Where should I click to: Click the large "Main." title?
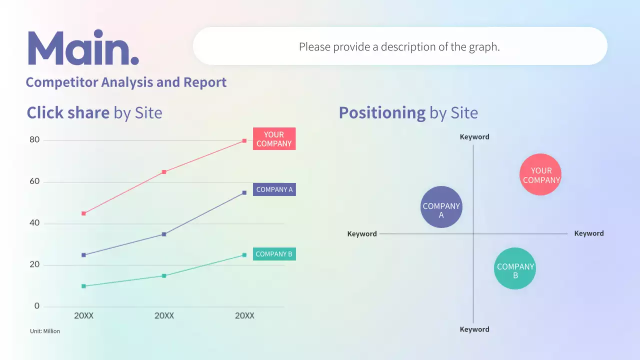[x=83, y=48]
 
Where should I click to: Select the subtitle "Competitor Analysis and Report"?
[x=126, y=82]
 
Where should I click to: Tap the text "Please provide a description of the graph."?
[x=399, y=46]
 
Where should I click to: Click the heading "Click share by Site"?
[x=94, y=112]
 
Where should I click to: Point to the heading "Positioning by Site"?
[x=408, y=112]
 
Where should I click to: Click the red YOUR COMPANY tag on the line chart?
[x=274, y=139]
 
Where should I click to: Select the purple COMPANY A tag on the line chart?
[x=274, y=189]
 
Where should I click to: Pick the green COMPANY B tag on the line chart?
[x=274, y=254]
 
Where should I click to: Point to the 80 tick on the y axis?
[x=34, y=140]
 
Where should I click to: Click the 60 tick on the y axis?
[x=34, y=181]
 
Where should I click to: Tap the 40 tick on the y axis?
[x=34, y=223]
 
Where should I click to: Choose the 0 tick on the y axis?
[x=36, y=306]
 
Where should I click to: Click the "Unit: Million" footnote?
[x=45, y=331]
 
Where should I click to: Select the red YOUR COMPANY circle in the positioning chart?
[x=540, y=174]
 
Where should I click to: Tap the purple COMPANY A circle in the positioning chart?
[x=441, y=207]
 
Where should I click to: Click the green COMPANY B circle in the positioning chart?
[x=515, y=268]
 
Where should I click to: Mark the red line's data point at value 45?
[x=83, y=213]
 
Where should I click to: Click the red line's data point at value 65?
[x=164, y=172]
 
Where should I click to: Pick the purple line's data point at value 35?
[x=164, y=234]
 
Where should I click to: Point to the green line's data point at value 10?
[x=83, y=286]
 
